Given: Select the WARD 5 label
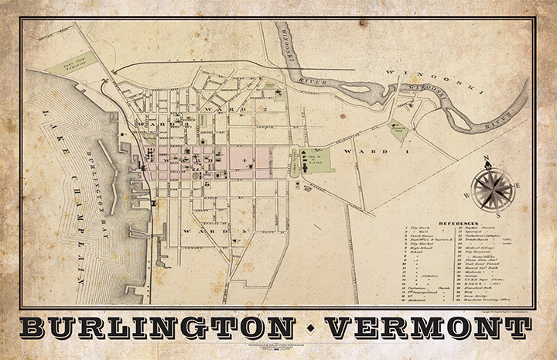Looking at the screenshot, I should [204, 230].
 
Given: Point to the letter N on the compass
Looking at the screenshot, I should [487, 160].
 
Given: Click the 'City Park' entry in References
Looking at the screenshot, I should [424, 229].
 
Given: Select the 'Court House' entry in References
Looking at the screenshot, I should [425, 241].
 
